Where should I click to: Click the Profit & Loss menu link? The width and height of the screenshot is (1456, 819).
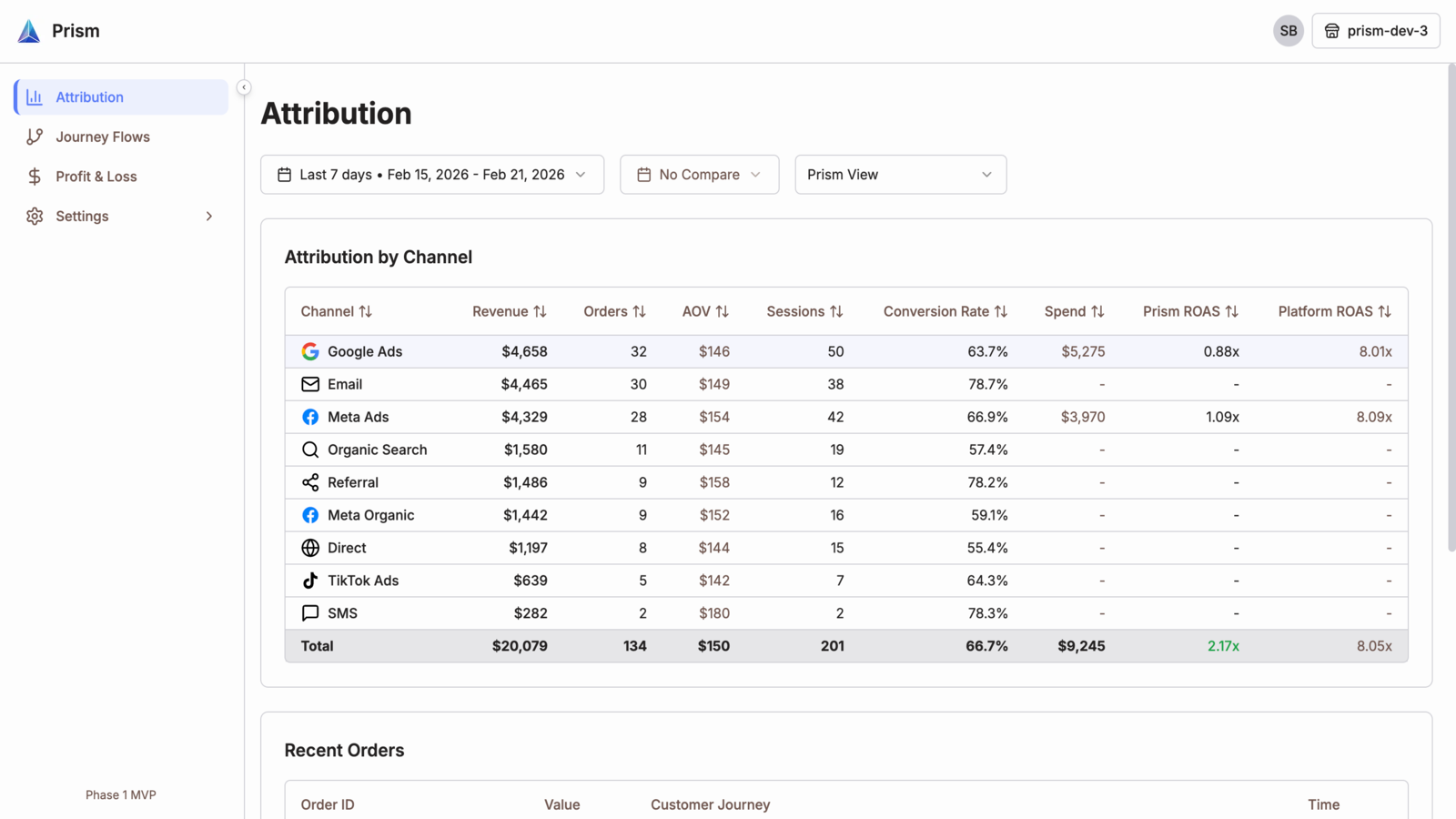[96, 177]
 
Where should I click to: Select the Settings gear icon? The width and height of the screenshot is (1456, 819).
[35, 216]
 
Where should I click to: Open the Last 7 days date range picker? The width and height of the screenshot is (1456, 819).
[432, 174]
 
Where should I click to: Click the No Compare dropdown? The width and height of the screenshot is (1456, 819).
[700, 174]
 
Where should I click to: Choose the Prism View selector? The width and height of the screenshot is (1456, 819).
[901, 174]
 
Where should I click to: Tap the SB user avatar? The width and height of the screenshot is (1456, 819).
[1289, 31]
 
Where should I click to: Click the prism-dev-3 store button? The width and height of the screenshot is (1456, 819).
[1376, 31]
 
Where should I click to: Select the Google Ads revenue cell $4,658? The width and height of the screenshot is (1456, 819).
[524, 351]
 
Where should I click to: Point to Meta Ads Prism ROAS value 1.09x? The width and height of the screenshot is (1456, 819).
[1223, 417]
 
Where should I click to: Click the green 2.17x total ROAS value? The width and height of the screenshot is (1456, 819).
[1223, 646]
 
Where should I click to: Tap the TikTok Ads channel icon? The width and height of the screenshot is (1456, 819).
[310, 581]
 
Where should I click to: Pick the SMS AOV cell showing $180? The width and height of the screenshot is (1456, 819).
[714, 613]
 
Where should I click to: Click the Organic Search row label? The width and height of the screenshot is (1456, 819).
[377, 450]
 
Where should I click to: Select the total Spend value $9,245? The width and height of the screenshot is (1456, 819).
[1082, 646]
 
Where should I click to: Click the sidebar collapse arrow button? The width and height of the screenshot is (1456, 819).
[244, 87]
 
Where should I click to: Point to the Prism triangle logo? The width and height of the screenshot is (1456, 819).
[28, 31]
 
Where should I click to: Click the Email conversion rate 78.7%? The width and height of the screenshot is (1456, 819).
[988, 384]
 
